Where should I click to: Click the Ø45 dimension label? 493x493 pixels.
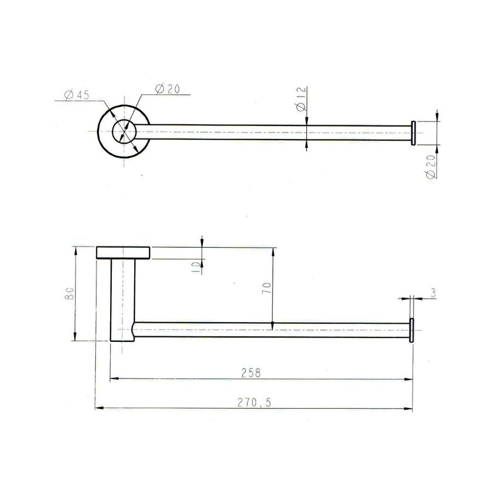point(77,95)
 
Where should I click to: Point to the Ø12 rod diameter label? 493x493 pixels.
point(301,100)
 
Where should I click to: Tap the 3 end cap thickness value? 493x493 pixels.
point(433,294)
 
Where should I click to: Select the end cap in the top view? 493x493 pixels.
point(413,133)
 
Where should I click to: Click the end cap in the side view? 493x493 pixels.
point(411,330)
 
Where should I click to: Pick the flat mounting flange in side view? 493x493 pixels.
point(123,253)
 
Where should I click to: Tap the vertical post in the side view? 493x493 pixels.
point(122,299)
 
